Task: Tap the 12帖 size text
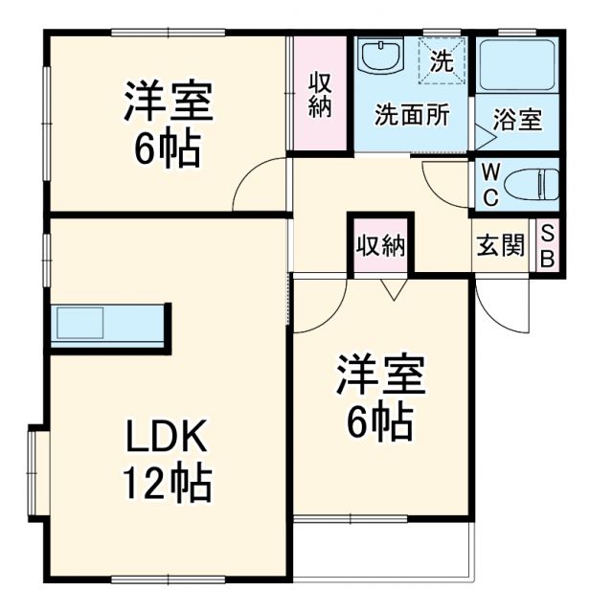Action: (166, 486)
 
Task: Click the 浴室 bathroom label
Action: (517, 122)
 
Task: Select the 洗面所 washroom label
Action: (412, 115)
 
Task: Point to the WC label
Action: (488, 185)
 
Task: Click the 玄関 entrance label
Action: (501, 246)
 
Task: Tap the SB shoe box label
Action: (547, 246)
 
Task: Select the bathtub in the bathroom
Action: (516, 67)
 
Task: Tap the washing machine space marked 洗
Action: (441, 61)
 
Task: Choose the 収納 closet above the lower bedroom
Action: (380, 246)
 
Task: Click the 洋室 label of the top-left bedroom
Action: (168, 102)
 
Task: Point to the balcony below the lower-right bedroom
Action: (383, 549)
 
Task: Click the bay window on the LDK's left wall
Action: (37, 474)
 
